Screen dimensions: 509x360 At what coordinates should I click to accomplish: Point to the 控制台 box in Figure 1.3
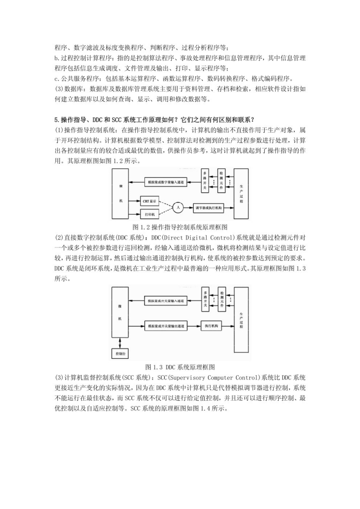119,353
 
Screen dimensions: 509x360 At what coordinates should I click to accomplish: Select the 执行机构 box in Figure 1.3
213,326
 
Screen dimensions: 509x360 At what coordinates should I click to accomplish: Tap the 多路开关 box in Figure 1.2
205,181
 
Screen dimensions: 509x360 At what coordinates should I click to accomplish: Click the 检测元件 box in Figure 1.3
222,299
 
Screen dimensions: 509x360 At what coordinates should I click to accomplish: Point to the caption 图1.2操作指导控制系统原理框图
180,226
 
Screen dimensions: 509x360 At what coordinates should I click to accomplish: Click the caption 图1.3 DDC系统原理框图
180,366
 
